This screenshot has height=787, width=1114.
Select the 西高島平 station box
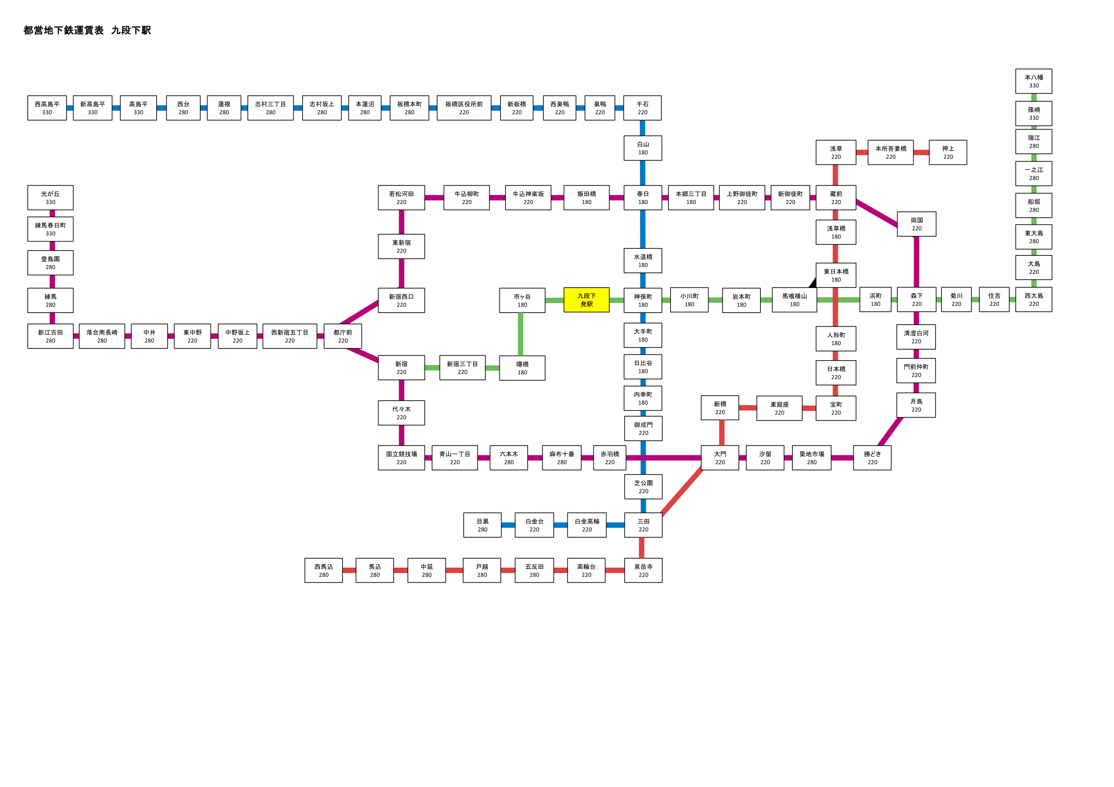(47, 108)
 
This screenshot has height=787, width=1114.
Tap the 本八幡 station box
(1034, 81)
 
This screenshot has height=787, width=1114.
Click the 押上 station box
(948, 152)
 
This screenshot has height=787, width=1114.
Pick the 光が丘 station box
(51, 198)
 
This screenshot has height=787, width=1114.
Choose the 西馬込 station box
(324, 570)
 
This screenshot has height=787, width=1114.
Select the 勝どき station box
(872, 458)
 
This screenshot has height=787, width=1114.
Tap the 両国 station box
(917, 224)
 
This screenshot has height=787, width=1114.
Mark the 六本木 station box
(509, 458)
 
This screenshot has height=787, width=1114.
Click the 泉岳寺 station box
(643, 570)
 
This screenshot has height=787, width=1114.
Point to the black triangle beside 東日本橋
(813, 282)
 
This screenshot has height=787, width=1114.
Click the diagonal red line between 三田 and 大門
(682, 491)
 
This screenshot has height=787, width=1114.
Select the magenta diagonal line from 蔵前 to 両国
(877, 213)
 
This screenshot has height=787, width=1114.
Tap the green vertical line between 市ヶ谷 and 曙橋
(521, 334)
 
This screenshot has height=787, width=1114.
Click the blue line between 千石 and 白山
(643, 128)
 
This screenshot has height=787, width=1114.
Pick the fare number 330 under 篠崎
(1034, 118)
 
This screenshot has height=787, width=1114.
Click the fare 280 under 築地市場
(812, 462)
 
